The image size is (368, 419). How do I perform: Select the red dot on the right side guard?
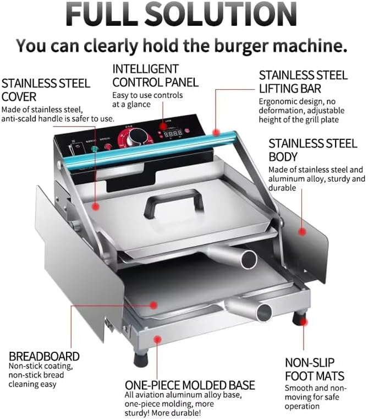(x=301, y=231)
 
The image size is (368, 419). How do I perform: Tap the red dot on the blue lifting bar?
(x=217, y=133)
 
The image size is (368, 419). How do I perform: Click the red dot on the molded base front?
(x=158, y=340)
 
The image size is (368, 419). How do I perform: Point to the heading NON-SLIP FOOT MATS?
(x=314, y=369)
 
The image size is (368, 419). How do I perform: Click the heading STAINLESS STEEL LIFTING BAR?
(x=303, y=81)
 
